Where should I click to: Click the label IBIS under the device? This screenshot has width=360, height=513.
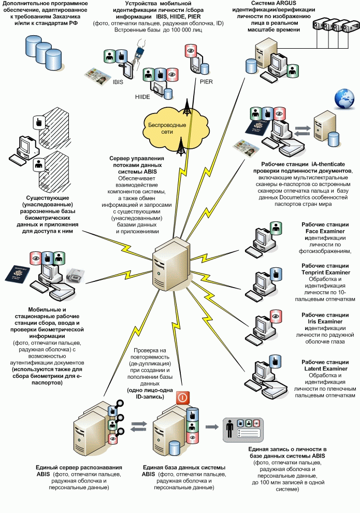pos(117,81)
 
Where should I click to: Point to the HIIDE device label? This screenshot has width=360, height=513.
pos(142,97)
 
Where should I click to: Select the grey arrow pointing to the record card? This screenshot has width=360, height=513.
pos(211,427)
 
